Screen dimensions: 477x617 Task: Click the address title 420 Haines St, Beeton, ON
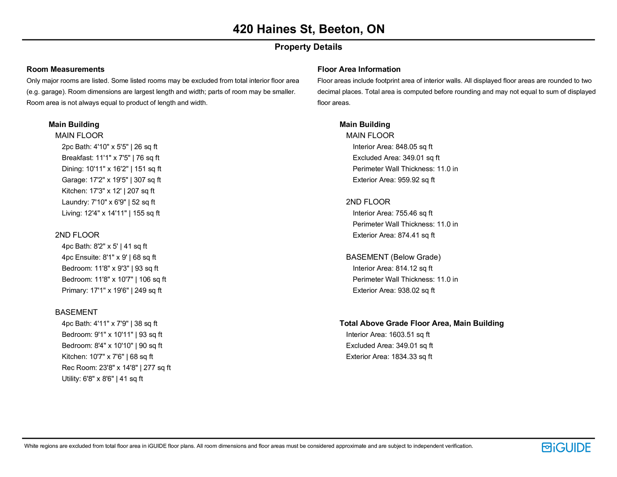308,29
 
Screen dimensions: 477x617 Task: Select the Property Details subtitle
308,47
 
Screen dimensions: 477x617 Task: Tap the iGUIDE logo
566,447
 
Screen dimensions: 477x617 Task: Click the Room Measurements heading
66,69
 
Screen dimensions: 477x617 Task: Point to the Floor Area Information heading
359,69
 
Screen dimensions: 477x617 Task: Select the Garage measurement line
111,180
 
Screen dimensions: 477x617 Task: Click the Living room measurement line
111,213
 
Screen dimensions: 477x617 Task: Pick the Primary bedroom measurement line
111,290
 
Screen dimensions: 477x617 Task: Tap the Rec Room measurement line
116,368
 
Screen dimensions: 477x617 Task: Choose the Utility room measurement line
102,379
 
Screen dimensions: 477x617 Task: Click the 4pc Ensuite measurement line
109,257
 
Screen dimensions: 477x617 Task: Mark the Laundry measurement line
108,202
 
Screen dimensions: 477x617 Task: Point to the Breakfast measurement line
110,158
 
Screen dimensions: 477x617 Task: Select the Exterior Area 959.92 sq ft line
393,180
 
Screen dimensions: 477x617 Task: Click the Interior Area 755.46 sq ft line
393,213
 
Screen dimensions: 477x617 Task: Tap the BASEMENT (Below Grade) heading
393,257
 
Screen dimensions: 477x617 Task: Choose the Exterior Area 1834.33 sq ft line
389,357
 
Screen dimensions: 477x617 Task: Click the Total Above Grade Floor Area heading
421,323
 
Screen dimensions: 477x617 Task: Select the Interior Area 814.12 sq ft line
393,268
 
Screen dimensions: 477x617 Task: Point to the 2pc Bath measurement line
110,147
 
